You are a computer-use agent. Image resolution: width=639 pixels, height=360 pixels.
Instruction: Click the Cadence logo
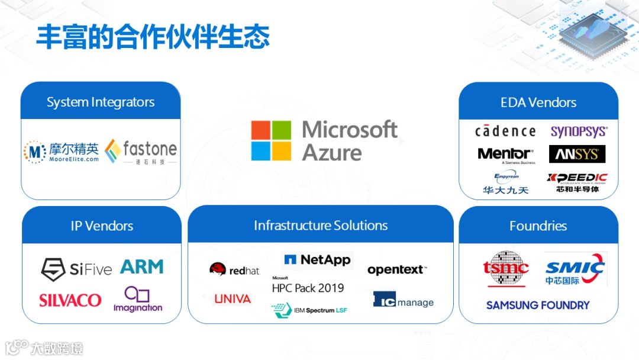tap(505, 131)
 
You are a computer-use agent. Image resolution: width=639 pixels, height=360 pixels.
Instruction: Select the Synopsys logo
tap(579, 131)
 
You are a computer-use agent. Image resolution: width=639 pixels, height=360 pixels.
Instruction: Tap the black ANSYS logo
tap(577, 155)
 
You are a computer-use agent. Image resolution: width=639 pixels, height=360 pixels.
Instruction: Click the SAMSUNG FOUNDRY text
tap(538, 306)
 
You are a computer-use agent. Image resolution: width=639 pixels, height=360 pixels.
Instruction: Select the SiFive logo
tap(76, 269)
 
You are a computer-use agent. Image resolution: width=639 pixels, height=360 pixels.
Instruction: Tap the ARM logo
tap(142, 267)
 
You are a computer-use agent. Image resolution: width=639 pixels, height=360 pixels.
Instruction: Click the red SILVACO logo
tap(70, 300)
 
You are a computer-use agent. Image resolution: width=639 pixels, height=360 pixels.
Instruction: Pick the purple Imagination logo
tap(138, 300)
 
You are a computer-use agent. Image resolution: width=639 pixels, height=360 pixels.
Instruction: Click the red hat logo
tap(234, 270)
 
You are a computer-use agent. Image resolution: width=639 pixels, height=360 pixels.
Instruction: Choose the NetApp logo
tap(317, 259)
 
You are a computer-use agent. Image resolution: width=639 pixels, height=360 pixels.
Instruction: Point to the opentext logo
tap(396, 270)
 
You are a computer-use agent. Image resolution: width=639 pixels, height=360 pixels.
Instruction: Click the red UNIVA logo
tap(233, 299)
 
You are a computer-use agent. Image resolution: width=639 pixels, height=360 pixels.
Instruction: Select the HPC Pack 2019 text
tap(308, 287)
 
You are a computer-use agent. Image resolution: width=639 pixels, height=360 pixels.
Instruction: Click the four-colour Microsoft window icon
tap(271, 141)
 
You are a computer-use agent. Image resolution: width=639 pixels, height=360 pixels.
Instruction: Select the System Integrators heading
tap(101, 102)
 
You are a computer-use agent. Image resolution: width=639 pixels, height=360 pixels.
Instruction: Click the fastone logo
tap(141, 152)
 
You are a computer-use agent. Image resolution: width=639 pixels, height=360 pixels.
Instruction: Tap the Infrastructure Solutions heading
tap(321, 226)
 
